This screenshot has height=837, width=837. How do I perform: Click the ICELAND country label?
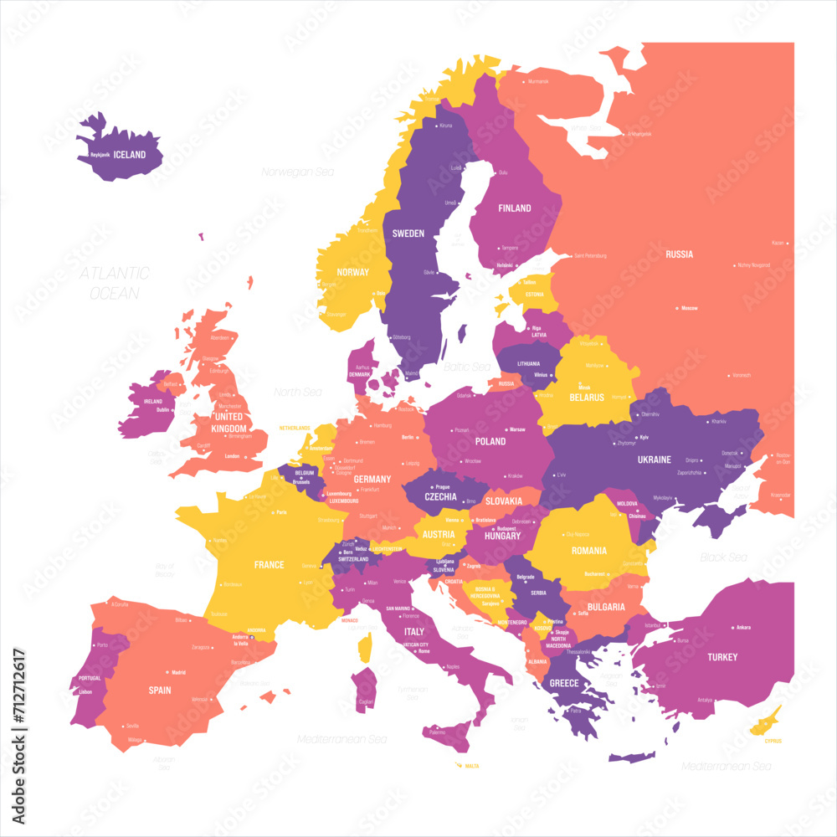(x=130, y=155)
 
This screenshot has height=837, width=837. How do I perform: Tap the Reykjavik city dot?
(x=114, y=155)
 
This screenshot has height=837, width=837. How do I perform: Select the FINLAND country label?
(x=514, y=208)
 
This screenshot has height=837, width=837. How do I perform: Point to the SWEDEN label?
(x=408, y=234)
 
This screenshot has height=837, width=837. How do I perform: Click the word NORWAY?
(x=353, y=272)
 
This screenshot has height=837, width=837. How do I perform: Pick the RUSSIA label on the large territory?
(x=679, y=254)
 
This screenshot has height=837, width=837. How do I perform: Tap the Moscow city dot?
(x=677, y=308)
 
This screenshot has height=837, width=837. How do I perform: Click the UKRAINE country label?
(x=655, y=460)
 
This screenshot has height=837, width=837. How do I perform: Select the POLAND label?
(x=490, y=441)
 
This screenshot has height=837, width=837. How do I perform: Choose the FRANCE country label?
(x=270, y=565)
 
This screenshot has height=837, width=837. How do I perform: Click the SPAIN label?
(x=160, y=691)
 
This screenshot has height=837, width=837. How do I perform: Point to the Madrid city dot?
(x=168, y=672)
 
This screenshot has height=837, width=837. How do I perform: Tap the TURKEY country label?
(x=722, y=657)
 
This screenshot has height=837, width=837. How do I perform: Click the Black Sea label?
(x=724, y=557)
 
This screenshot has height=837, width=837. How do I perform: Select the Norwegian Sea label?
(x=297, y=172)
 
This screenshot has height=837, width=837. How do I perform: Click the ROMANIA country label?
(x=590, y=551)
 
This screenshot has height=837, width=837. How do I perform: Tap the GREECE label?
(x=564, y=683)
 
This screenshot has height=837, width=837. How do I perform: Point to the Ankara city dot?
(x=732, y=627)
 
